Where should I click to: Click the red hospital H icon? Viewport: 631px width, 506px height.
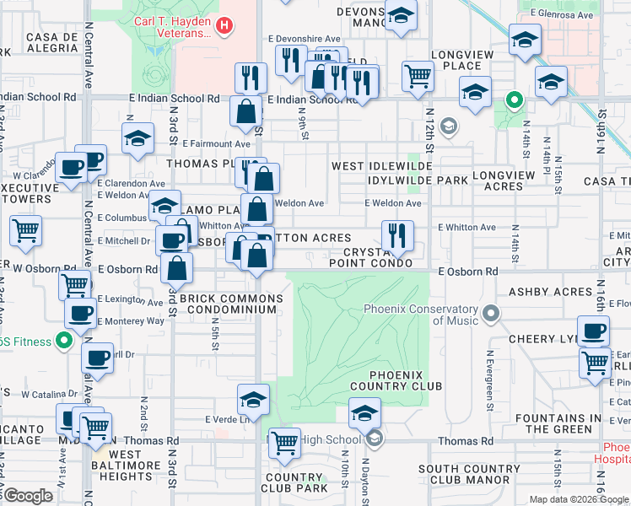pos(224,26)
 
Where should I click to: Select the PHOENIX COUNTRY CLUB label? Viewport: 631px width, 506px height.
pos(406,380)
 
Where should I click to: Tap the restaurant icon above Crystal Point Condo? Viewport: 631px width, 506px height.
pos(396,235)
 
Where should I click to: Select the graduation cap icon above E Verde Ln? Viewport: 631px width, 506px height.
pos(253,399)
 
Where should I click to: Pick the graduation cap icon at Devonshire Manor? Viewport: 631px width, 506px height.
pos(401,16)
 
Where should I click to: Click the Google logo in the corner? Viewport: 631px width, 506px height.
pos(28,496)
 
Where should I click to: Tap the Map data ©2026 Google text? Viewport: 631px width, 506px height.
pos(579,499)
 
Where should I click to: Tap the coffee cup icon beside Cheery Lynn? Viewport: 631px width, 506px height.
pos(592,331)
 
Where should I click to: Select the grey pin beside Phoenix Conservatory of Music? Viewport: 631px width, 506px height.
pos(490,315)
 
